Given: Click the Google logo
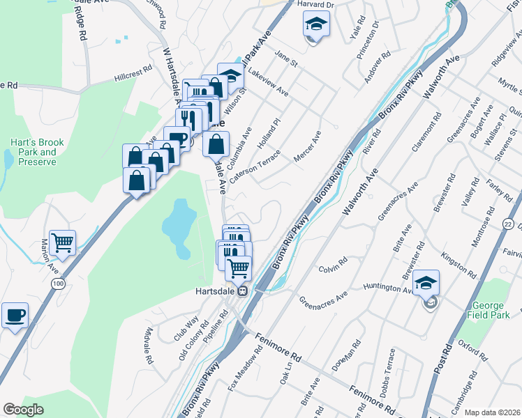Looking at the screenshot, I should (x=23, y=410).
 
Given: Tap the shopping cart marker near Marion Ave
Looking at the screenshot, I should (x=62, y=243).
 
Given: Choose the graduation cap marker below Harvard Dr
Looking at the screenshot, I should (x=316, y=26).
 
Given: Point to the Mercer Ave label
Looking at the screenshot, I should (x=307, y=147).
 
